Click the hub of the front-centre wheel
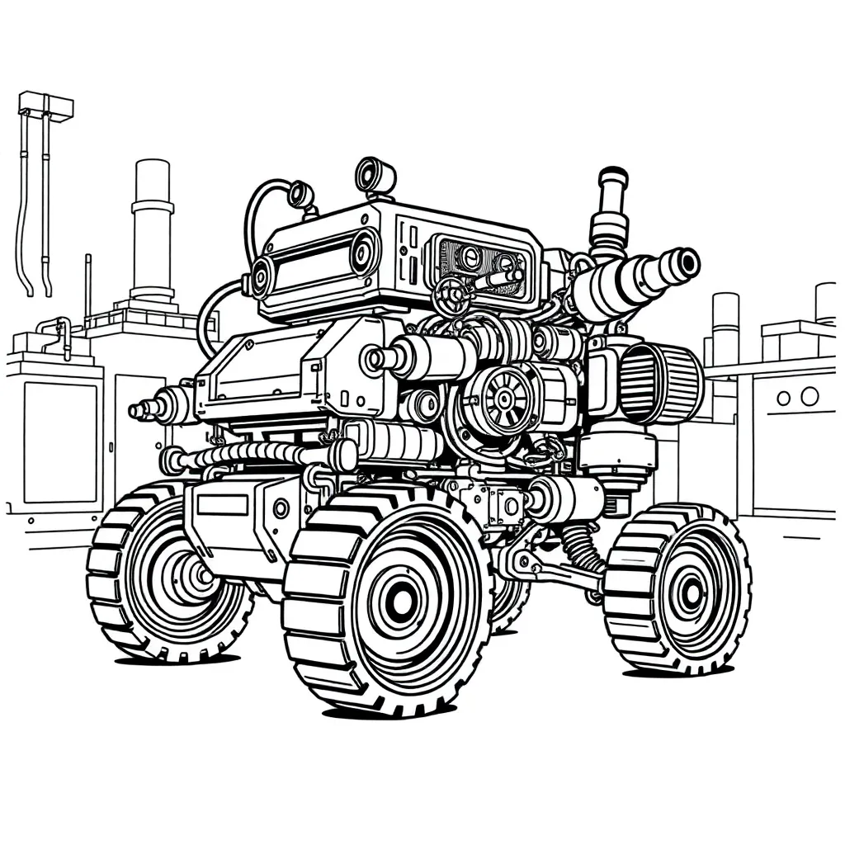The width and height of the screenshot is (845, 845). point(402,602)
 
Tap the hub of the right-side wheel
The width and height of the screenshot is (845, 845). point(690,592)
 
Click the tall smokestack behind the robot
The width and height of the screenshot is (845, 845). point(153,231)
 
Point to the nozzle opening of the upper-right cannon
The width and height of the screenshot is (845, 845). point(685,263)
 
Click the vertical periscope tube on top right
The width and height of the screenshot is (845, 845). point(611,206)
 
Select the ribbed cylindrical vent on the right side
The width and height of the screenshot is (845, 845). point(660,383)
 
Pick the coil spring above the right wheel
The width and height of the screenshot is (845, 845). point(581,545)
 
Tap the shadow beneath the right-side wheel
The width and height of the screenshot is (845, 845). point(677,672)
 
